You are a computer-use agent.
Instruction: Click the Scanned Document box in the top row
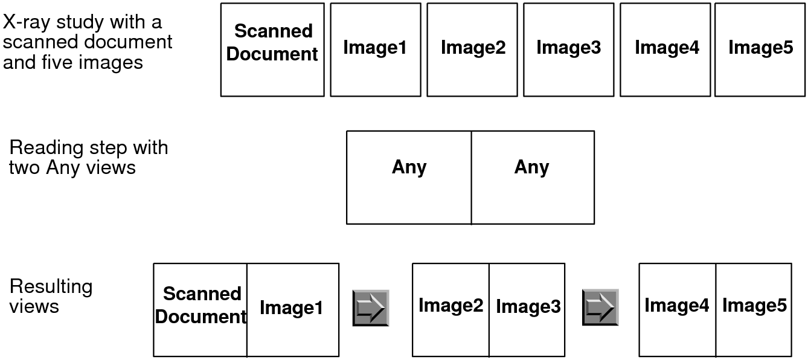click(272, 50)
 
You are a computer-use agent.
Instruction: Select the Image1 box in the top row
click(375, 50)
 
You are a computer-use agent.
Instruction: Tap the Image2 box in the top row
click(472, 50)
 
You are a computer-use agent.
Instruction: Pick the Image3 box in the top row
click(569, 50)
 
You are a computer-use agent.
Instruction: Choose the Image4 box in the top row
click(665, 50)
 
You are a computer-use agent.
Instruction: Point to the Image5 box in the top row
click(760, 50)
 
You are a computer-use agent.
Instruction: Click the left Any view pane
click(409, 177)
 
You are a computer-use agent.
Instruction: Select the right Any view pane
click(533, 177)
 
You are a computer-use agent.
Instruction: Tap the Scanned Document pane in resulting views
click(200, 309)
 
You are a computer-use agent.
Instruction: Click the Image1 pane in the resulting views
click(293, 309)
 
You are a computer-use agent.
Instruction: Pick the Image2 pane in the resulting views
click(450, 309)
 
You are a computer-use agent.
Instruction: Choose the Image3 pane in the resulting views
click(527, 309)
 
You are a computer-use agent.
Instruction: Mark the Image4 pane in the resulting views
click(677, 309)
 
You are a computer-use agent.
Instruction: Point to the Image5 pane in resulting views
click(754, 309)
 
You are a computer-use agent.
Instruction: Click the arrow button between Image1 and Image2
click(371, 308)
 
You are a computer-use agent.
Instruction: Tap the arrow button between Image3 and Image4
click(600, 308)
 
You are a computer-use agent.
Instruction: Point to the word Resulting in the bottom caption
click(51, 286)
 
